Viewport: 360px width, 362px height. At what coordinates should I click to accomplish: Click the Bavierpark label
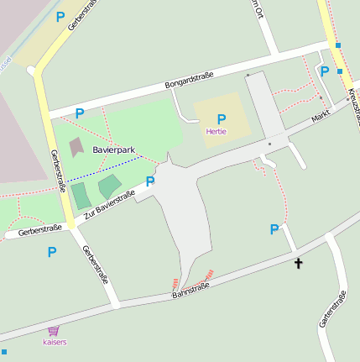[114, 150]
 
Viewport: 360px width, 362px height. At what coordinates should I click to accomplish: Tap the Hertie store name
[216, 131]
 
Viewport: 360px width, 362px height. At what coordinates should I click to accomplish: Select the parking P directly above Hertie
[222, 119]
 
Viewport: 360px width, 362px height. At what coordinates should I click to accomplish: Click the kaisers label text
[55, 342]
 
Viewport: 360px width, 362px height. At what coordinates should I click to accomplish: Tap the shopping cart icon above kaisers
[55, 331]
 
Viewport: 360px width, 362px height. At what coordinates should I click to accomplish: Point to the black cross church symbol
[298, 264]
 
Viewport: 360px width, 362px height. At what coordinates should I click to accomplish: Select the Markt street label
[320, 115]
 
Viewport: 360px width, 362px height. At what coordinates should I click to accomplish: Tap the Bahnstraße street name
[190, 291]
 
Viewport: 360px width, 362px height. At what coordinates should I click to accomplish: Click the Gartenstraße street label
[333, 309]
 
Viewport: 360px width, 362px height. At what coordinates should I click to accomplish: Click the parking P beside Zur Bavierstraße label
[150, 181]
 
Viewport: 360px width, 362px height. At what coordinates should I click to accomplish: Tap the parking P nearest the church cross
[274, 229]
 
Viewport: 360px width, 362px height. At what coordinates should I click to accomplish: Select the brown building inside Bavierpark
[76, 147]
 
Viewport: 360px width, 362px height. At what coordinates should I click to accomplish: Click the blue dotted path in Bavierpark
[105, 168]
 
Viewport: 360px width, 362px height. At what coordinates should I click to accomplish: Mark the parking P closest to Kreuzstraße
[324, 71]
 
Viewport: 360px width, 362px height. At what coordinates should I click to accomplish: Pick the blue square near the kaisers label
[3, 351]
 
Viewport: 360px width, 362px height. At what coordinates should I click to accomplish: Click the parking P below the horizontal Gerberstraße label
[52, 251]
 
